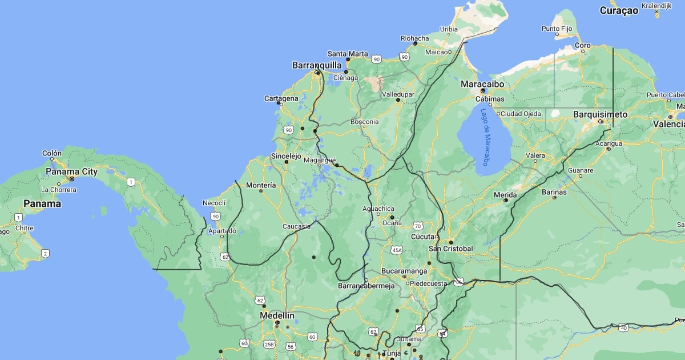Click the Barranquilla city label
coord(317,65)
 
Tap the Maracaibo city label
coord(482,84)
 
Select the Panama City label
coord(72,171)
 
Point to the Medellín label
coord(277,315)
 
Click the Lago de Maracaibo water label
coord(485,137)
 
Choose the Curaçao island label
coord(619,10)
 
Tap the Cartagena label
coord(281,98)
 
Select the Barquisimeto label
coord(600,114)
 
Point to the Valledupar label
coord(398,94)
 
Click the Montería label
coord(261,185)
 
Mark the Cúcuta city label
coord(422,237)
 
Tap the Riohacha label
coord(414,39)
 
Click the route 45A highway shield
coord(397,250)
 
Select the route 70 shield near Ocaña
coord(418,226)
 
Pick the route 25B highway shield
coord(269,345)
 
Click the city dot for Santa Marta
coord(348,59)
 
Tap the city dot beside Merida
coord(506,201)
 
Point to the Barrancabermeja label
coord(366,286)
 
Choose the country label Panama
coord(42,203)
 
